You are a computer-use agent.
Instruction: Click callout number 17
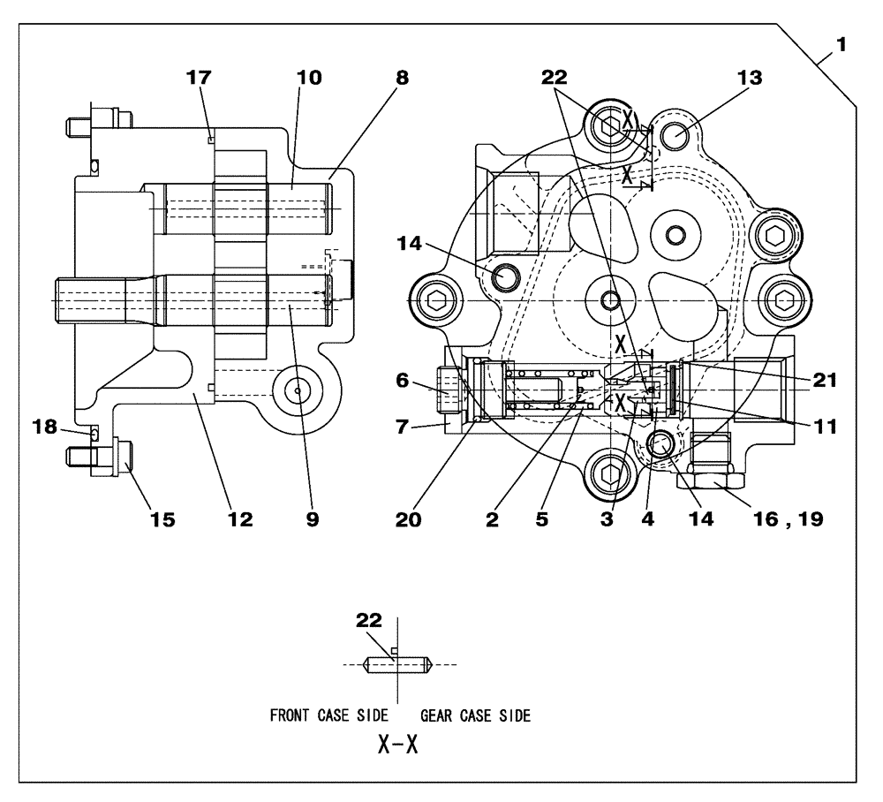pos(200,77)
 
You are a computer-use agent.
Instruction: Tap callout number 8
pos(402,77)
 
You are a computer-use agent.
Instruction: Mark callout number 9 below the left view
pos(312,519)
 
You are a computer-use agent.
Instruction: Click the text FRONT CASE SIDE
pos(328,716)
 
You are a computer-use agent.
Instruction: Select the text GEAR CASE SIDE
pos(475,716)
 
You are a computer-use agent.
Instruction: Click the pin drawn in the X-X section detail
pos(397,663)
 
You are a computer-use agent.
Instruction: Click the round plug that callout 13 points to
pos(676,136)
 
